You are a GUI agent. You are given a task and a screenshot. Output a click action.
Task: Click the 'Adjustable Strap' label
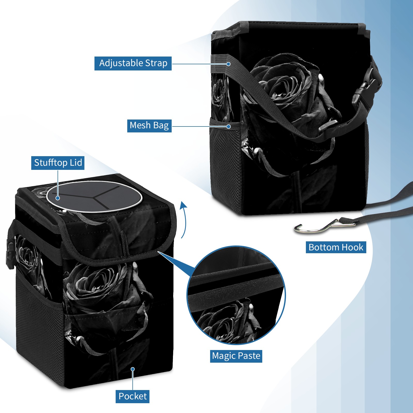(133, 63)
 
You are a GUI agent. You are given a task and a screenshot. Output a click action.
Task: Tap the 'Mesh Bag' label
(149, 125)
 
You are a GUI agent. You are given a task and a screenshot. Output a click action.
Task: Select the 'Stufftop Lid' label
(58, 163)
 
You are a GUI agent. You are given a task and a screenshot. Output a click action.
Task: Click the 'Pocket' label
(132, 396)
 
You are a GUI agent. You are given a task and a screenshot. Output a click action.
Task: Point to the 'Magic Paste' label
(236, 356)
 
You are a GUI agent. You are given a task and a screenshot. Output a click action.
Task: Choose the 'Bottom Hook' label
(336, 247)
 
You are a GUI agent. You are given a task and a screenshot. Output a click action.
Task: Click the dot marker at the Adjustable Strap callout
(228, 64)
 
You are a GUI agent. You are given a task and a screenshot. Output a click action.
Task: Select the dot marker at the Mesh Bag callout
(228, 126)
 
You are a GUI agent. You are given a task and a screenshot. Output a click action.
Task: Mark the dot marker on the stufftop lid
(58, 198)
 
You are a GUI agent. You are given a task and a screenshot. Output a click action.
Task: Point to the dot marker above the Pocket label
(133, 369)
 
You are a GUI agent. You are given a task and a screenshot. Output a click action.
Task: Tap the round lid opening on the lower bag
(94, 197)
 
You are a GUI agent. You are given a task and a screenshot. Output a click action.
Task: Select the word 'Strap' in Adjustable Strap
(156, 63)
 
